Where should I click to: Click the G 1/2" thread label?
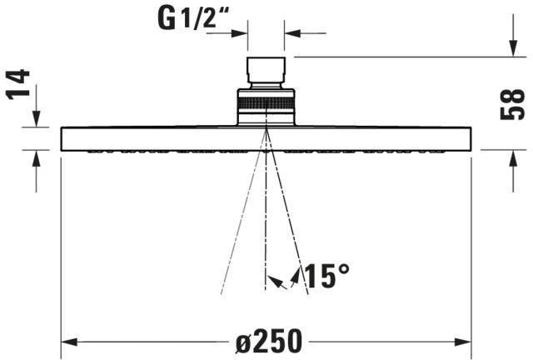pyautogui.click(x=193, y=18)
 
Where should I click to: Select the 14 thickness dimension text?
pyautogui.click(x=18, y=84)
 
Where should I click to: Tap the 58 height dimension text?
pyautogui.click(x=513, y=104)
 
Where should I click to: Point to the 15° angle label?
pyautogui.click(x=326, y=276)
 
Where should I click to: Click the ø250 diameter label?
pyautogui.click(x=269, y=341)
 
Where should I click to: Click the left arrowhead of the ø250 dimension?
pyautogui.click(x=69, y=342)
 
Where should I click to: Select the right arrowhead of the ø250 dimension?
pyautogui.click(x=463, y=342)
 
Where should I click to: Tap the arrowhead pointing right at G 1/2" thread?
pyautogui.click(x=239, y=33)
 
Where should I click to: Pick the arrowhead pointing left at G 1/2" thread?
pyautogui.click(x=292, y=33)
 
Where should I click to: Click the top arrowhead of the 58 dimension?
pyautogui.click(x=513, y=48)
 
